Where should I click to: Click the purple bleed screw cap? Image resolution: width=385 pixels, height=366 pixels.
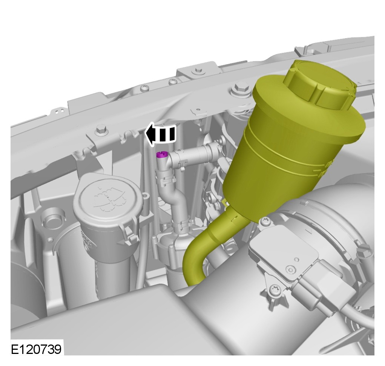tap(161, 155)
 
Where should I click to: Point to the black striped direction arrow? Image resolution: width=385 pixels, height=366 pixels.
tap(161, 134)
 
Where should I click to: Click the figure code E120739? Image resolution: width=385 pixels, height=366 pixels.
tap(36, 349)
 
